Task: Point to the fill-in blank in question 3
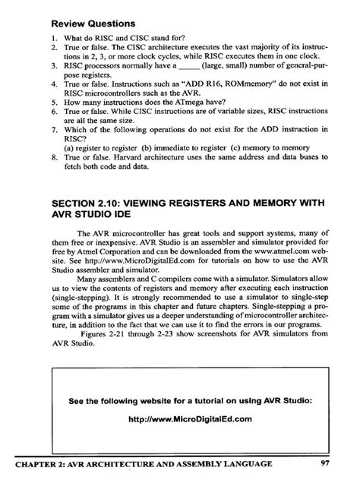(x=169, y=66)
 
